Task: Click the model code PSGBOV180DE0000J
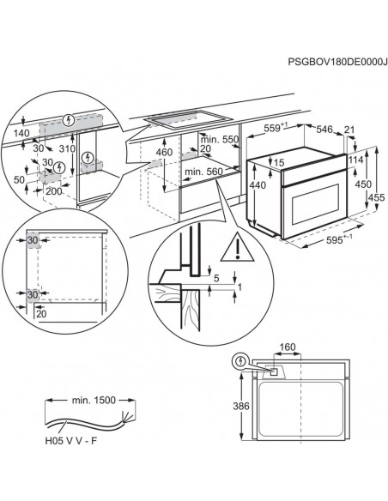pyautogui.click(x=338, y=62)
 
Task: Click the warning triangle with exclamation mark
pyautogui.click(x=238, y=248)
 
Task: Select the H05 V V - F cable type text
pyautogui.click(x=70, y=441)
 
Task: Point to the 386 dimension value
pyautogui.click(x=240, y=406)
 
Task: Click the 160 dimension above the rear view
pyautogui.click(x=288, y=347)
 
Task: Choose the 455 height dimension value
pyautogui.click(x=377, y=197)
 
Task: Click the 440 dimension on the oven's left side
pyautogui.click(x=258, y=185)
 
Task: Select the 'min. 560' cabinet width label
pyautogui.click(x=203, y=172)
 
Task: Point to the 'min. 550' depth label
pyautogui.click(x=220, y=139)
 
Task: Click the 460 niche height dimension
pyautogui.click(x=165, y=152)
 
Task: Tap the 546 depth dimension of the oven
pyautogui.click(x=324, y=129)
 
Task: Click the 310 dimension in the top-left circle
pyautogui.click(x=68, y=148)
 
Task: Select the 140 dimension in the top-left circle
pyautogui.click(x=21, y=133)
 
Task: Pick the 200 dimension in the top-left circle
pyautogui.click(x=54, y=191)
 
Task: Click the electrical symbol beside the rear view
pyautogui.click(x=239, y=361)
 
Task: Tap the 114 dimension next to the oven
pyautogui.click(x=355, y=160)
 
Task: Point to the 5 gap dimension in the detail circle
pyautogui.click(x=216, y=278)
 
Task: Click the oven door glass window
pyautogui.click(x=315, y=204)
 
